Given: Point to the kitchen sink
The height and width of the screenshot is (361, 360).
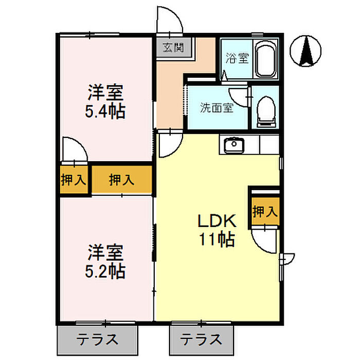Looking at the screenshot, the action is pyautogui.click(x=235, y=145).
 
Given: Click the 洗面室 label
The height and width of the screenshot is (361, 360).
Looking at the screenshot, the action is pyautogui.click(x=217, y=108).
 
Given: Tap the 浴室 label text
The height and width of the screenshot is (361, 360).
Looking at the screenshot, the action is pyautogui.click(x=237, y=58).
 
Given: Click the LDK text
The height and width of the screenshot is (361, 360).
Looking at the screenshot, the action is pyautogui.click(x=218, y=221).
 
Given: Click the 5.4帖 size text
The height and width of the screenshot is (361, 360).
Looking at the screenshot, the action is pyautogui.click(x=105, y=111).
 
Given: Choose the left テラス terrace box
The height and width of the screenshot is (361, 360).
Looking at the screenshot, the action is pyautogui.click(x=98, y=339).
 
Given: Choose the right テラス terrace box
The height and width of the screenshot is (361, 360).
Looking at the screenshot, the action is pyautogui.click(x=201, y=339).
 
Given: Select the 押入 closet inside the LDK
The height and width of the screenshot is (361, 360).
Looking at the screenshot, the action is pyautogui.click(x=265, y=211).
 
